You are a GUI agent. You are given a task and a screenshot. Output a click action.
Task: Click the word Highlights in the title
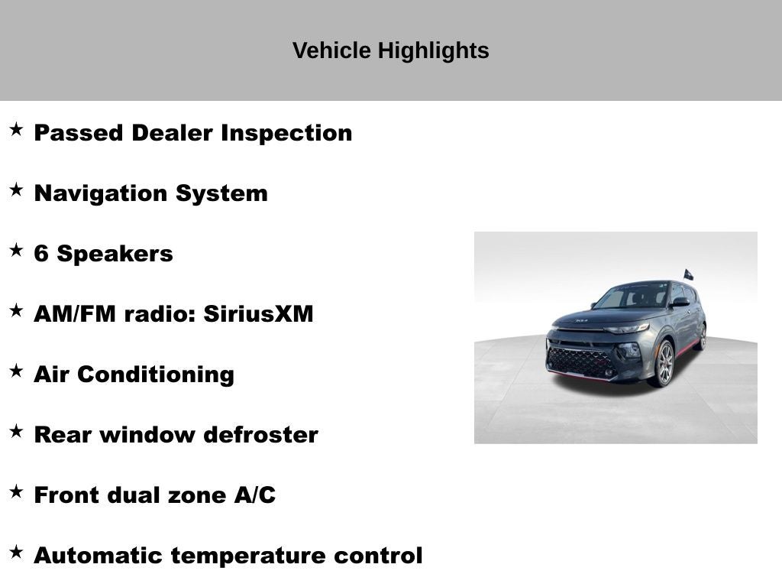coord(434,51)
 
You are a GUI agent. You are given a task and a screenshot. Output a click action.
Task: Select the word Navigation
coord(102,193)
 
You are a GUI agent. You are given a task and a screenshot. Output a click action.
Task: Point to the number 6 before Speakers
coord(41,254)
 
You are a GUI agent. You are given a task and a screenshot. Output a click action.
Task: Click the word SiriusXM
coord(258,314)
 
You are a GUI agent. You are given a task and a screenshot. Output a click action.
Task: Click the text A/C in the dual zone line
coord(254,495)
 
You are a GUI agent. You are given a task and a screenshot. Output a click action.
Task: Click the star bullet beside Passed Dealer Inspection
coord(16,129)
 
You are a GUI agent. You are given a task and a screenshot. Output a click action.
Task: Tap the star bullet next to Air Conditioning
coord(16,371)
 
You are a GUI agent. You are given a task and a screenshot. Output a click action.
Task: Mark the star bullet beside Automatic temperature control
coord(16,552)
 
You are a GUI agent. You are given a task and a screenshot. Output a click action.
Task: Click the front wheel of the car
coord(663,363)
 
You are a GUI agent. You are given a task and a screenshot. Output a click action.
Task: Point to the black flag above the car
coord(688,274)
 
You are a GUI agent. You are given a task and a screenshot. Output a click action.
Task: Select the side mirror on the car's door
coord(679,303)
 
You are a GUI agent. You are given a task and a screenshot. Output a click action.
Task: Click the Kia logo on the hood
coord(583,320)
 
